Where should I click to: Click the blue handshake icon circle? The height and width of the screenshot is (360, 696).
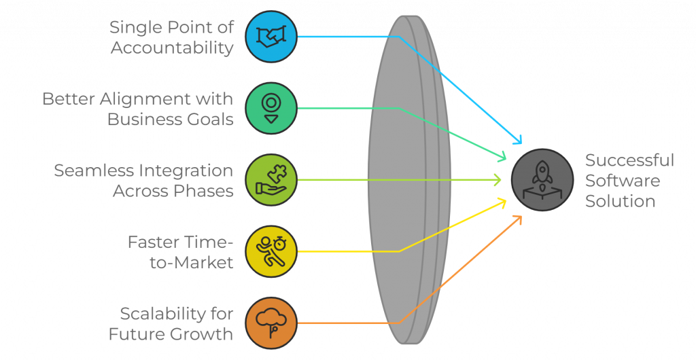tap(271, 37)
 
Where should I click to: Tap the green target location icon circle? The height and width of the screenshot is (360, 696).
tap(271, 108)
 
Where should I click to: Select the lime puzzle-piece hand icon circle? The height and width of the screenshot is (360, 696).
tap(271, 180)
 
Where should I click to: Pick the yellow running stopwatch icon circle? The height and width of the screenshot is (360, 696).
tap(271, 251)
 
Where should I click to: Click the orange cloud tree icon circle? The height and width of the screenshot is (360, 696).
tap(271, 323)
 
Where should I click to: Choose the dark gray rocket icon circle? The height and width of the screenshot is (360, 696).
tap(542, 180)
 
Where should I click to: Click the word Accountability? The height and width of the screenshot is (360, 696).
tap(172, 48)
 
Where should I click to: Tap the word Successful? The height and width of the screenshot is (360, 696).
tap(629, 160)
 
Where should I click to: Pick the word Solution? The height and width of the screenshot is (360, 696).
tap(620, 202)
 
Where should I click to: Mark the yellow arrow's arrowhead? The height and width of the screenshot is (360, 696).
tap(504, 200)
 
